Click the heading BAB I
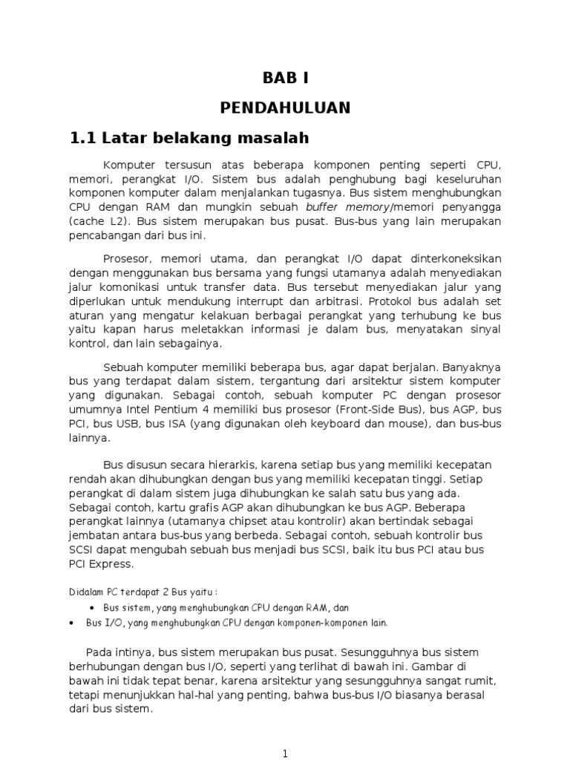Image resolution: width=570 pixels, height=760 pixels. (x=284, y=78)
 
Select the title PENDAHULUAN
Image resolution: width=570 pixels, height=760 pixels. (x=284, y=108)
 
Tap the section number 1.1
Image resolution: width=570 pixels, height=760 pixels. (x=82, y=138)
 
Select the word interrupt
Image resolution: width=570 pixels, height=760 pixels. (x=261, y=302)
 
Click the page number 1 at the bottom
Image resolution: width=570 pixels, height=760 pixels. (x=284, y=753)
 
